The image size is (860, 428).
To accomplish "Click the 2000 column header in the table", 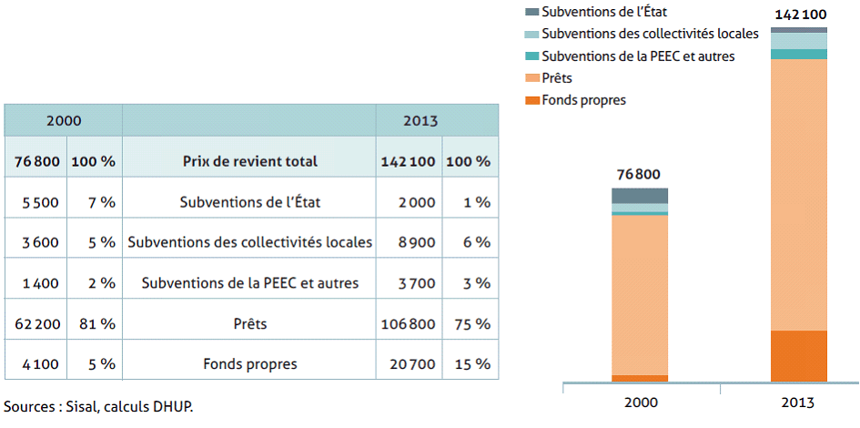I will pos(64,120).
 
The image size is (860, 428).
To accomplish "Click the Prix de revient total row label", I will pos(249,161).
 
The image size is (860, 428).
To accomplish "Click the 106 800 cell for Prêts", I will pos(409,323).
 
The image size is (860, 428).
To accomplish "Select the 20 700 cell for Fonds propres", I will pos(409,364).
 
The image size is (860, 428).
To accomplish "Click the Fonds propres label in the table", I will pos(249,364).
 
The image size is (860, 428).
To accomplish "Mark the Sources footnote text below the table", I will pos(98,406).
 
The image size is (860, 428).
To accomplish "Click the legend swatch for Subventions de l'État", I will pos(531,12).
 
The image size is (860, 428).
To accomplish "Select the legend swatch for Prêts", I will pos(531,78).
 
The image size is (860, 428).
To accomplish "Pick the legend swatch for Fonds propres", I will pos(531,100).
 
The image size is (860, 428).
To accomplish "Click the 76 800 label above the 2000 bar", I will pos(639,175).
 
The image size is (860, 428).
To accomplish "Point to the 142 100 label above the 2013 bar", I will pos(798,15).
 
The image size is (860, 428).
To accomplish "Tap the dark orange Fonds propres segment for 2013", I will pos(798,356).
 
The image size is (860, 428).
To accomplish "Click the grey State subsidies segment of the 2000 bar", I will pos(639,195).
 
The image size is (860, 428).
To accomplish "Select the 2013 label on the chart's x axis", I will pos(798,402).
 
